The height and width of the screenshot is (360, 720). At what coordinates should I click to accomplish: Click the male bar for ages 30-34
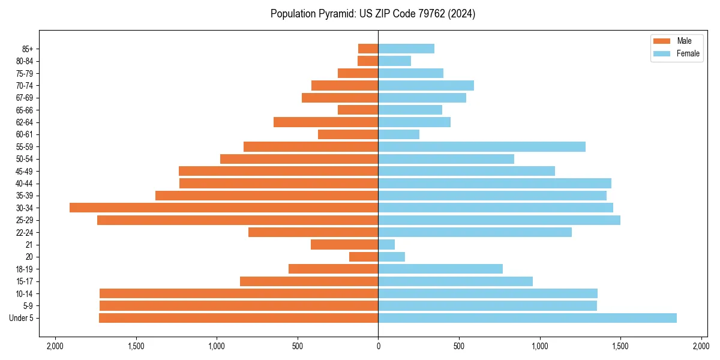[224, 208]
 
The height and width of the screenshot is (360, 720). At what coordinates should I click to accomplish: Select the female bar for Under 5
[527, 318]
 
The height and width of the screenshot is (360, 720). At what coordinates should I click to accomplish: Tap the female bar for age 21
[386, 245]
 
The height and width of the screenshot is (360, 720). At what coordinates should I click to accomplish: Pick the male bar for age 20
[364, 257]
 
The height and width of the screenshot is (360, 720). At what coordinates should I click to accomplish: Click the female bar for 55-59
[481, 147]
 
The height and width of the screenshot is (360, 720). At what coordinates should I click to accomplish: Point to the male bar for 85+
[368, 49]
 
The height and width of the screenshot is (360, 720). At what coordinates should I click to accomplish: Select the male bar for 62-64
[326, 122]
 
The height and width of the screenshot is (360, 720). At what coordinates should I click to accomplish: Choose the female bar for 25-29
[499, 220]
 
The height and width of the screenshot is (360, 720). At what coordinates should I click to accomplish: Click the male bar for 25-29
[238, 220]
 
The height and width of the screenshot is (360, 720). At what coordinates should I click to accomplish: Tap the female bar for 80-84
[394, 61]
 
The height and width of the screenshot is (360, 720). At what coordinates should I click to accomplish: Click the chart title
[373, 14]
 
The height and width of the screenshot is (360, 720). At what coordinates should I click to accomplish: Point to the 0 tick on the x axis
[378, 346]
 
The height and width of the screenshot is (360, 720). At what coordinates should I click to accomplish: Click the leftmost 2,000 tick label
[55, 346]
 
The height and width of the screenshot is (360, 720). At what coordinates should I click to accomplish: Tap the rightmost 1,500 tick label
[620, 346]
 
